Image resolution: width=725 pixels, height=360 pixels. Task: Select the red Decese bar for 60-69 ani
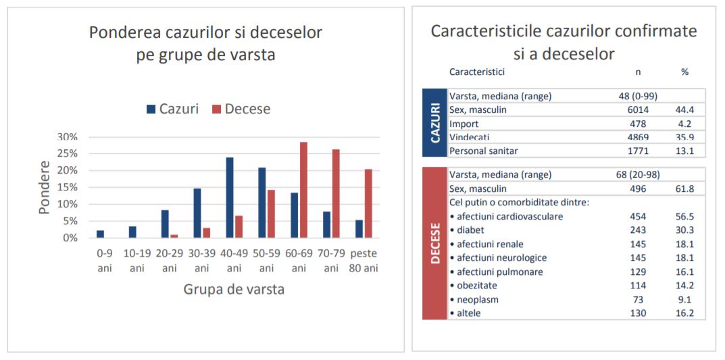[x=303, y=190]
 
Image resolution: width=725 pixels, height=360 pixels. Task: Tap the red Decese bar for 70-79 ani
[x=336, y=194]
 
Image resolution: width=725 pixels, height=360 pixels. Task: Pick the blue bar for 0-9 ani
[x=100, y=234]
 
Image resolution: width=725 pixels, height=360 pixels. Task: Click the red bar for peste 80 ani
[x=368, y=203]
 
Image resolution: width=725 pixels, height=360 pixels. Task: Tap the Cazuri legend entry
[x=172, y=109]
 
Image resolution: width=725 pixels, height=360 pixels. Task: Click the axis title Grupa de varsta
[x=234, y=290]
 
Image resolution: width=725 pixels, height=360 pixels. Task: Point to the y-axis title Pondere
[x=45, y=187]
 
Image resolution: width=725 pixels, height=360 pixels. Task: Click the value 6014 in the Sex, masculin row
[x=637, y=110]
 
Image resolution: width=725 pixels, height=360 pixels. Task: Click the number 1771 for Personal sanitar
[x=637, y=151]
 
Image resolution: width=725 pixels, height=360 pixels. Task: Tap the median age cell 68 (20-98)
[x=637, y=175]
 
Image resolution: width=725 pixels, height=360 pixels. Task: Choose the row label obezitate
[x=476, y=286]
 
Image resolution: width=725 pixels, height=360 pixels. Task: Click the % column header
[x=685, y=72]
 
